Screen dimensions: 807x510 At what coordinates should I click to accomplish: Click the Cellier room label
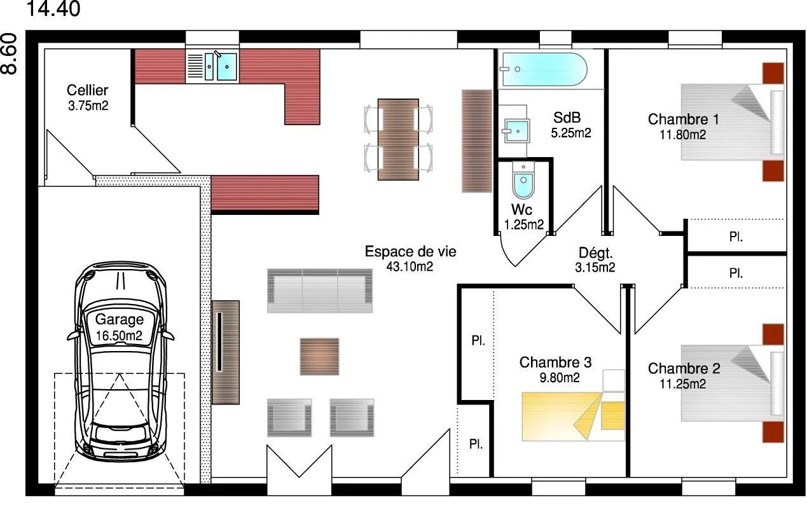(87, 90)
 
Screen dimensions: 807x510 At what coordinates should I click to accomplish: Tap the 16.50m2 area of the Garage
(119, 336)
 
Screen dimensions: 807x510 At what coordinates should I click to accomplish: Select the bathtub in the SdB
(543, 69)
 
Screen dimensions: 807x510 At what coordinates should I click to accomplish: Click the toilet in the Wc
(523, 180)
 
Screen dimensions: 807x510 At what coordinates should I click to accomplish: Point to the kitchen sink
(221, 67)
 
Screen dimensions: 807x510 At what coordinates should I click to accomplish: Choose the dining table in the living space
(398, 139)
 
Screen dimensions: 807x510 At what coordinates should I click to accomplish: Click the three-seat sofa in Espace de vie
(320, 291)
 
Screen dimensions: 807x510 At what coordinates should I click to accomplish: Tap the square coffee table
(320, 357)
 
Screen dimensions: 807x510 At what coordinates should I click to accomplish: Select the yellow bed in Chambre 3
(573, 416)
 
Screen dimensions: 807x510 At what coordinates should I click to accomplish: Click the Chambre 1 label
(683, 119)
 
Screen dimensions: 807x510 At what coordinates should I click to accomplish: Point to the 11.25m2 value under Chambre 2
(683, 384)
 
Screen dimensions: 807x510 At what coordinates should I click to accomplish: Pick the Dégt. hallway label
(595, 253)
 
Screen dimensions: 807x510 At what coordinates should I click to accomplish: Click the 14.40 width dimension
(53, 9)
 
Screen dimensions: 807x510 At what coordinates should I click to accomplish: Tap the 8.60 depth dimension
(9, 54)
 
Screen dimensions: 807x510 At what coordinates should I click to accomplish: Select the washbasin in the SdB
(516, 131)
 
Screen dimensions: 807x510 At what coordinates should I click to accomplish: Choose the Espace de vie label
(410, 251)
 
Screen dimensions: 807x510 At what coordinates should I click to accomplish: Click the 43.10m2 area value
(410, 266)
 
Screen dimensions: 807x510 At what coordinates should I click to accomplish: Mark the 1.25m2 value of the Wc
(523, 224)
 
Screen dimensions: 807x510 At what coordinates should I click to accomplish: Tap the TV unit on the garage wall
(226, 352)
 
